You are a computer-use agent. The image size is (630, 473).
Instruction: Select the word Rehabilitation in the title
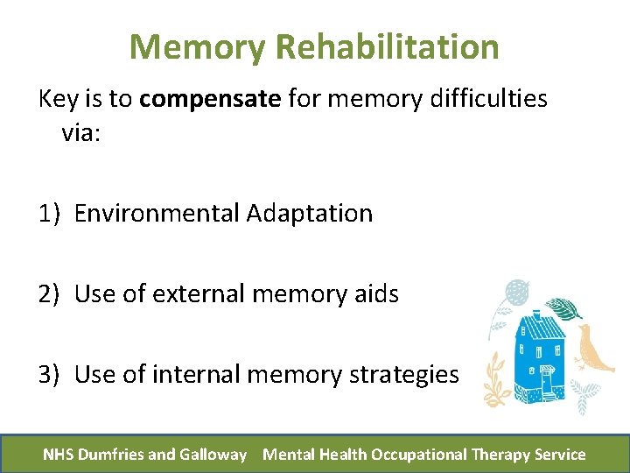coord(388,46)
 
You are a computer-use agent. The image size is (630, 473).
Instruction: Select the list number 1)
coord(50,213)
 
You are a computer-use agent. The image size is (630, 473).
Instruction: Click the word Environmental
coord(157,213)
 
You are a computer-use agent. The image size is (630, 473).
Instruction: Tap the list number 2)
coord(50,294)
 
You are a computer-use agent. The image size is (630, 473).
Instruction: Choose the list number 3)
coord(50,375)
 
